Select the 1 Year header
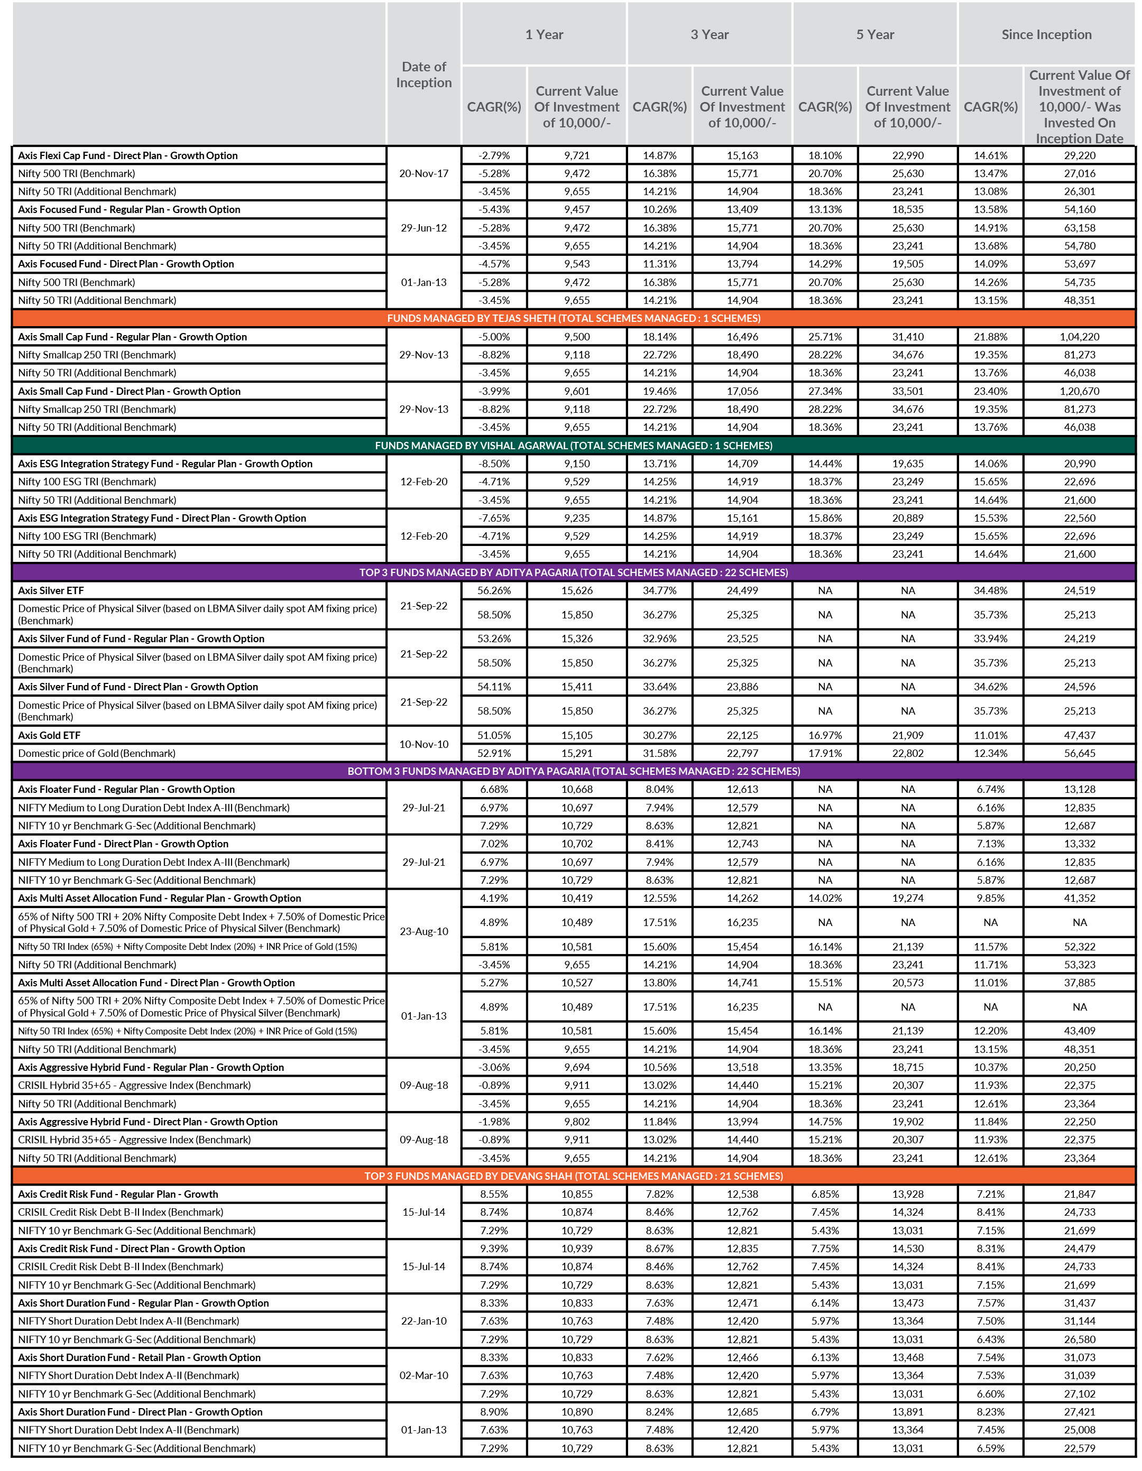[x=544, y=34]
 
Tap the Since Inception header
[x=1046, y=34]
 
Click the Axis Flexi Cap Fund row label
[x=128, y=155]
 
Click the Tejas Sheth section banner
[x=573, y=318]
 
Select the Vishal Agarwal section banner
[x=573, y=445]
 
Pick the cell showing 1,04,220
[x=1079, y=337]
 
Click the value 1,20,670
[x=1079, y=391]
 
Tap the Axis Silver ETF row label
[x=51, y=591]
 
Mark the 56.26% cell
[x=494, y=591]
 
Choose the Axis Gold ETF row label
[x=49, y=736]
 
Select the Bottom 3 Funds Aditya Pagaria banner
[x=573, y=771]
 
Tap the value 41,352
[x=1079, y=899]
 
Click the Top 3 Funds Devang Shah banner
[x=573, y=1176]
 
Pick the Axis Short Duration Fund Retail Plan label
[x=140, y=1358]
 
